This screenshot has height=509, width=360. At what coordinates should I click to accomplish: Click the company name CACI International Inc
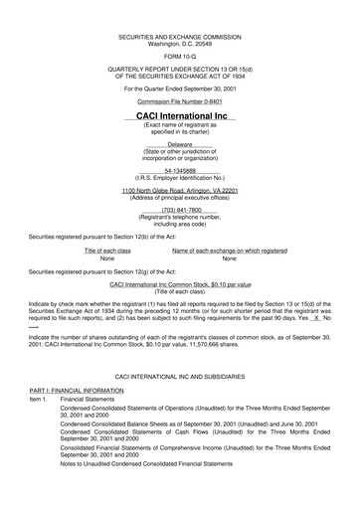click(x=181, y=116)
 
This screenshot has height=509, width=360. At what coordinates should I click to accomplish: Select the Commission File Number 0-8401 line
click(x=181, y=101)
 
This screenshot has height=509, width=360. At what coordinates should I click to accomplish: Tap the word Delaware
click(x=180, y=144)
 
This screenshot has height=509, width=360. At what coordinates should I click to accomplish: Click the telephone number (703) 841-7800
click(x=180, y=210)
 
